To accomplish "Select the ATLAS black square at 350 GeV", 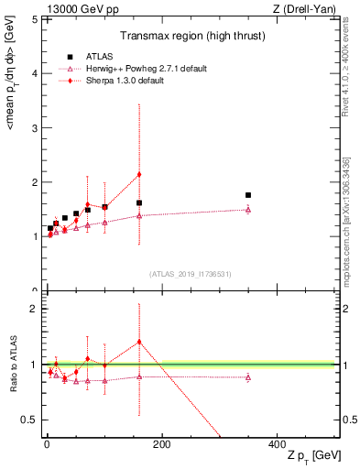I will pos(248,195).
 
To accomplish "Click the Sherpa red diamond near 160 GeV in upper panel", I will pos(139,174).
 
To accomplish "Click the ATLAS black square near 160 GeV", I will pos(139,202).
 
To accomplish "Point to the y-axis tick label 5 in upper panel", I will pos(35,18).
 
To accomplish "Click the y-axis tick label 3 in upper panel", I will pos(35,127).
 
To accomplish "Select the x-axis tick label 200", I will pos(161,443).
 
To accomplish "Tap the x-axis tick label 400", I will pos(277,443).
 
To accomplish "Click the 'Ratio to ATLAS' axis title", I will pos(12,365).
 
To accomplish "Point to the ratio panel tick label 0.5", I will pos(29,420).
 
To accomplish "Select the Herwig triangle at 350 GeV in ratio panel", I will pos(248,377).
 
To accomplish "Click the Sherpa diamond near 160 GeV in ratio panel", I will pos(139,342).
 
